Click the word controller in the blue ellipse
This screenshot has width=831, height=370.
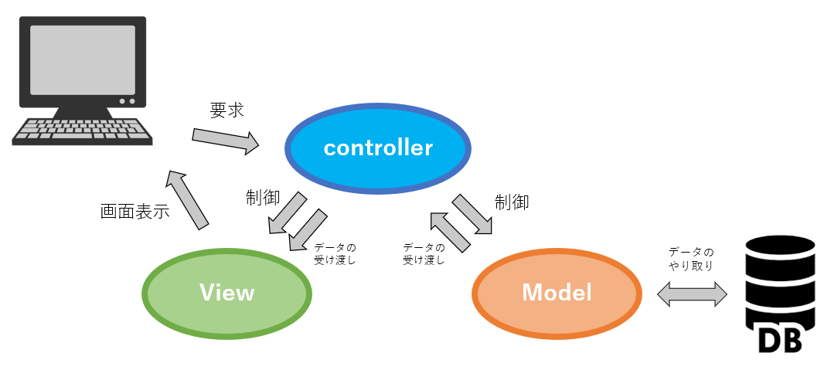pos(378,148)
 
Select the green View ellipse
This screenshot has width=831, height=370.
pos(226,293)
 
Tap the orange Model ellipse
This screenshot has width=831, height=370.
pos(557,292)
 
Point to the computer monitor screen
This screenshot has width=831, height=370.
pos(83,59)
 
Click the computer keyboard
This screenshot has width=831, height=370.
pos(82,131)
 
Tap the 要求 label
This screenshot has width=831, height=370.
pos(226,110)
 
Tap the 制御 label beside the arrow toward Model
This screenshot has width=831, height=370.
pos(512,202)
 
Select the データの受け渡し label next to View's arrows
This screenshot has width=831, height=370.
pos(335,254)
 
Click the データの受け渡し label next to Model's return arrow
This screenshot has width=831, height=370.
pos(424,254)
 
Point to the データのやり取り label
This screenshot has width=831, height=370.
pos(691,259)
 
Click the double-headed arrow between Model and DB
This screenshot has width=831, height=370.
pos(692,294)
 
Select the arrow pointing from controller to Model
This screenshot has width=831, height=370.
pos(473,213)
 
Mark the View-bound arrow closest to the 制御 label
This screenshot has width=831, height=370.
pos(286,214)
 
